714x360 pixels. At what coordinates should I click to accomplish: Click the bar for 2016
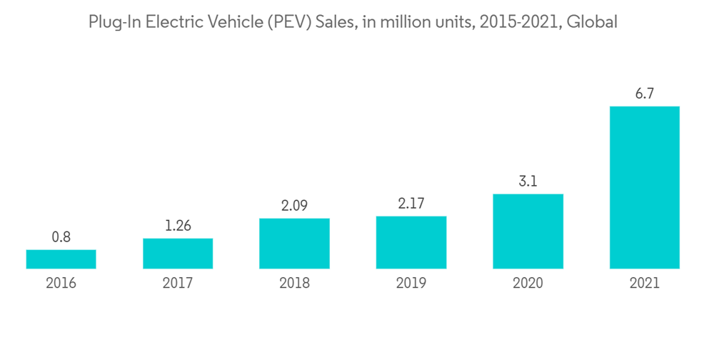click(x=61, y=259)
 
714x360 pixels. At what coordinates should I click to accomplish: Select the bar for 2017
click(x=178, y=254)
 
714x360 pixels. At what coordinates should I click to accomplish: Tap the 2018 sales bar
click(x=294, y=244)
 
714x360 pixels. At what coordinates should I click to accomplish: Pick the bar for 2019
click(x=411, y=242)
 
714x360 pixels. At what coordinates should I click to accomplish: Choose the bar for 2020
click(x=528, y=231)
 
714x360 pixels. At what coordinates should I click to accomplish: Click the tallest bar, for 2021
click(x=644, y=188)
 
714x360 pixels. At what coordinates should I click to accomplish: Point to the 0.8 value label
click(x=61, y=237)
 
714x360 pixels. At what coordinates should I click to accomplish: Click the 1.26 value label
click(x=178, y=226)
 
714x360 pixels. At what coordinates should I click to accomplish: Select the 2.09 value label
click(x=294, y=206)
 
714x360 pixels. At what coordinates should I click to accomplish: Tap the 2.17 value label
click(x=411, y=204)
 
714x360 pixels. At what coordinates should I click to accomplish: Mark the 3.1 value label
click(x=528, y=181)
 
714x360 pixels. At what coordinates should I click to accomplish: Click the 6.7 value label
click(x=644, y=94)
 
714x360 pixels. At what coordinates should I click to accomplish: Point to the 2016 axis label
click(x=61, y=284)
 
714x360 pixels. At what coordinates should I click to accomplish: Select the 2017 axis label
click(x=178, y=284)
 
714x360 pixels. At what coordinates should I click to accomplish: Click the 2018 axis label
click(x=294, y=284)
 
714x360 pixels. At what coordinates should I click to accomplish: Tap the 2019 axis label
click(x=411, y=284)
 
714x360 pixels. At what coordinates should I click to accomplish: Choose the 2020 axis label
click(x=528, y=284)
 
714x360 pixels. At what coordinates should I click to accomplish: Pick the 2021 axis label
click(x=644, y=284)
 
